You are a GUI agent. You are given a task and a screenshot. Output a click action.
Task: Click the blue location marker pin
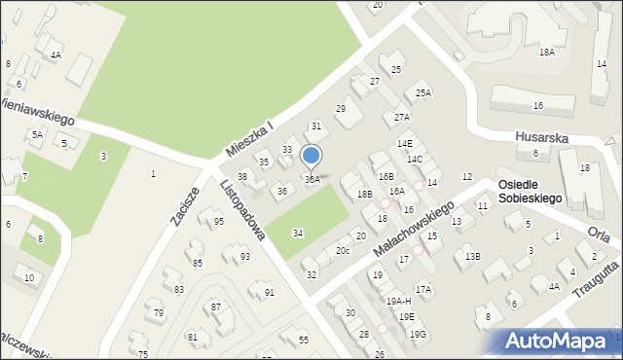[311, 156]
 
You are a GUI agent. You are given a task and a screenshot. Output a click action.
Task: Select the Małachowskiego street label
[414, 230]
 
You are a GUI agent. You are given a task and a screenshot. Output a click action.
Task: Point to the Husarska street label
[541, 138]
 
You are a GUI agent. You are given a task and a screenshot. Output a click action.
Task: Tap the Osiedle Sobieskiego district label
[531, 191]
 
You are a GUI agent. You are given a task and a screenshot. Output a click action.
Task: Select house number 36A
[311, 180]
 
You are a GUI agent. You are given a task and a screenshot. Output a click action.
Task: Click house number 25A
[422, 93]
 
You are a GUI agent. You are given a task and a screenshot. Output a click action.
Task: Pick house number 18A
[547, 53]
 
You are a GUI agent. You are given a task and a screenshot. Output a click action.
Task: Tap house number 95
[219, 222]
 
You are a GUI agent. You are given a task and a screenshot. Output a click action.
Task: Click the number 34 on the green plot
[298, 233]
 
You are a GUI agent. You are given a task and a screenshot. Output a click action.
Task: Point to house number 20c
[343, 251]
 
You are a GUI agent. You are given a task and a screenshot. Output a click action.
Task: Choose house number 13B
[472, 256]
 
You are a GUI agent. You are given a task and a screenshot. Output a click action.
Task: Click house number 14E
[405, 144]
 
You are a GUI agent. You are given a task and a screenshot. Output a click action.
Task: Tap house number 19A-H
[398, 302]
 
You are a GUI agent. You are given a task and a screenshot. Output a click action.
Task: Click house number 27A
[401, 117]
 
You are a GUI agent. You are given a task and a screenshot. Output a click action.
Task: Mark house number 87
[216, 306]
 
